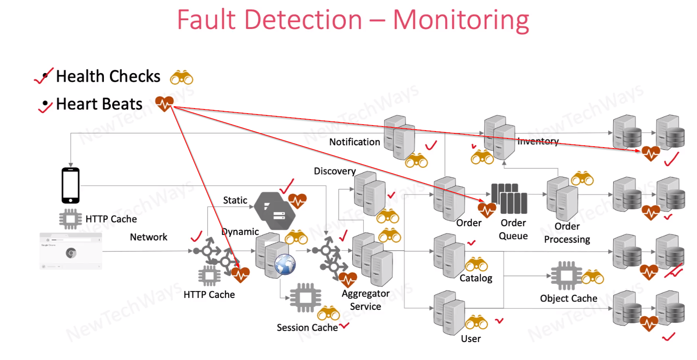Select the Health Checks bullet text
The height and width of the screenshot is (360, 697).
(x=108, y=76)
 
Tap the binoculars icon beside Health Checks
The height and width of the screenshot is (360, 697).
(x=182, y=78)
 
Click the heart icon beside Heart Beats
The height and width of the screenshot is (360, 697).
(x=164, y=104)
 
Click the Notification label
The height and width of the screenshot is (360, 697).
(x=354, y=142)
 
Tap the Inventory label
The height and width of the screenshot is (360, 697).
(x=537, y=141)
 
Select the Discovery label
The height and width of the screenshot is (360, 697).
(x=335, y=171)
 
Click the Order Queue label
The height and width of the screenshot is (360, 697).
(x=513, y=229)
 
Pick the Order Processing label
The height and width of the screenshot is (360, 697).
(x=567, y=233)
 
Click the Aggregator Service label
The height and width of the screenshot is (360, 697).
(x=366, y=300)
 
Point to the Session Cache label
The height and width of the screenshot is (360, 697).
(x=307, y=327)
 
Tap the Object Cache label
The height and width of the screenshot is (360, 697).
(x=569, y=298)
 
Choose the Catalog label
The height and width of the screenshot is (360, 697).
(x=476, y=278)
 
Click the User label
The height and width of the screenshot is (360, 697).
(x=470, y=338)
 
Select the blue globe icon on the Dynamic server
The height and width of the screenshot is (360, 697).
(x=285, y=265)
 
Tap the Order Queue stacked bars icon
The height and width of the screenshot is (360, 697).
(x=508, y=199)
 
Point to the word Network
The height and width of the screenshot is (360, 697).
(x=149, y=237)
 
